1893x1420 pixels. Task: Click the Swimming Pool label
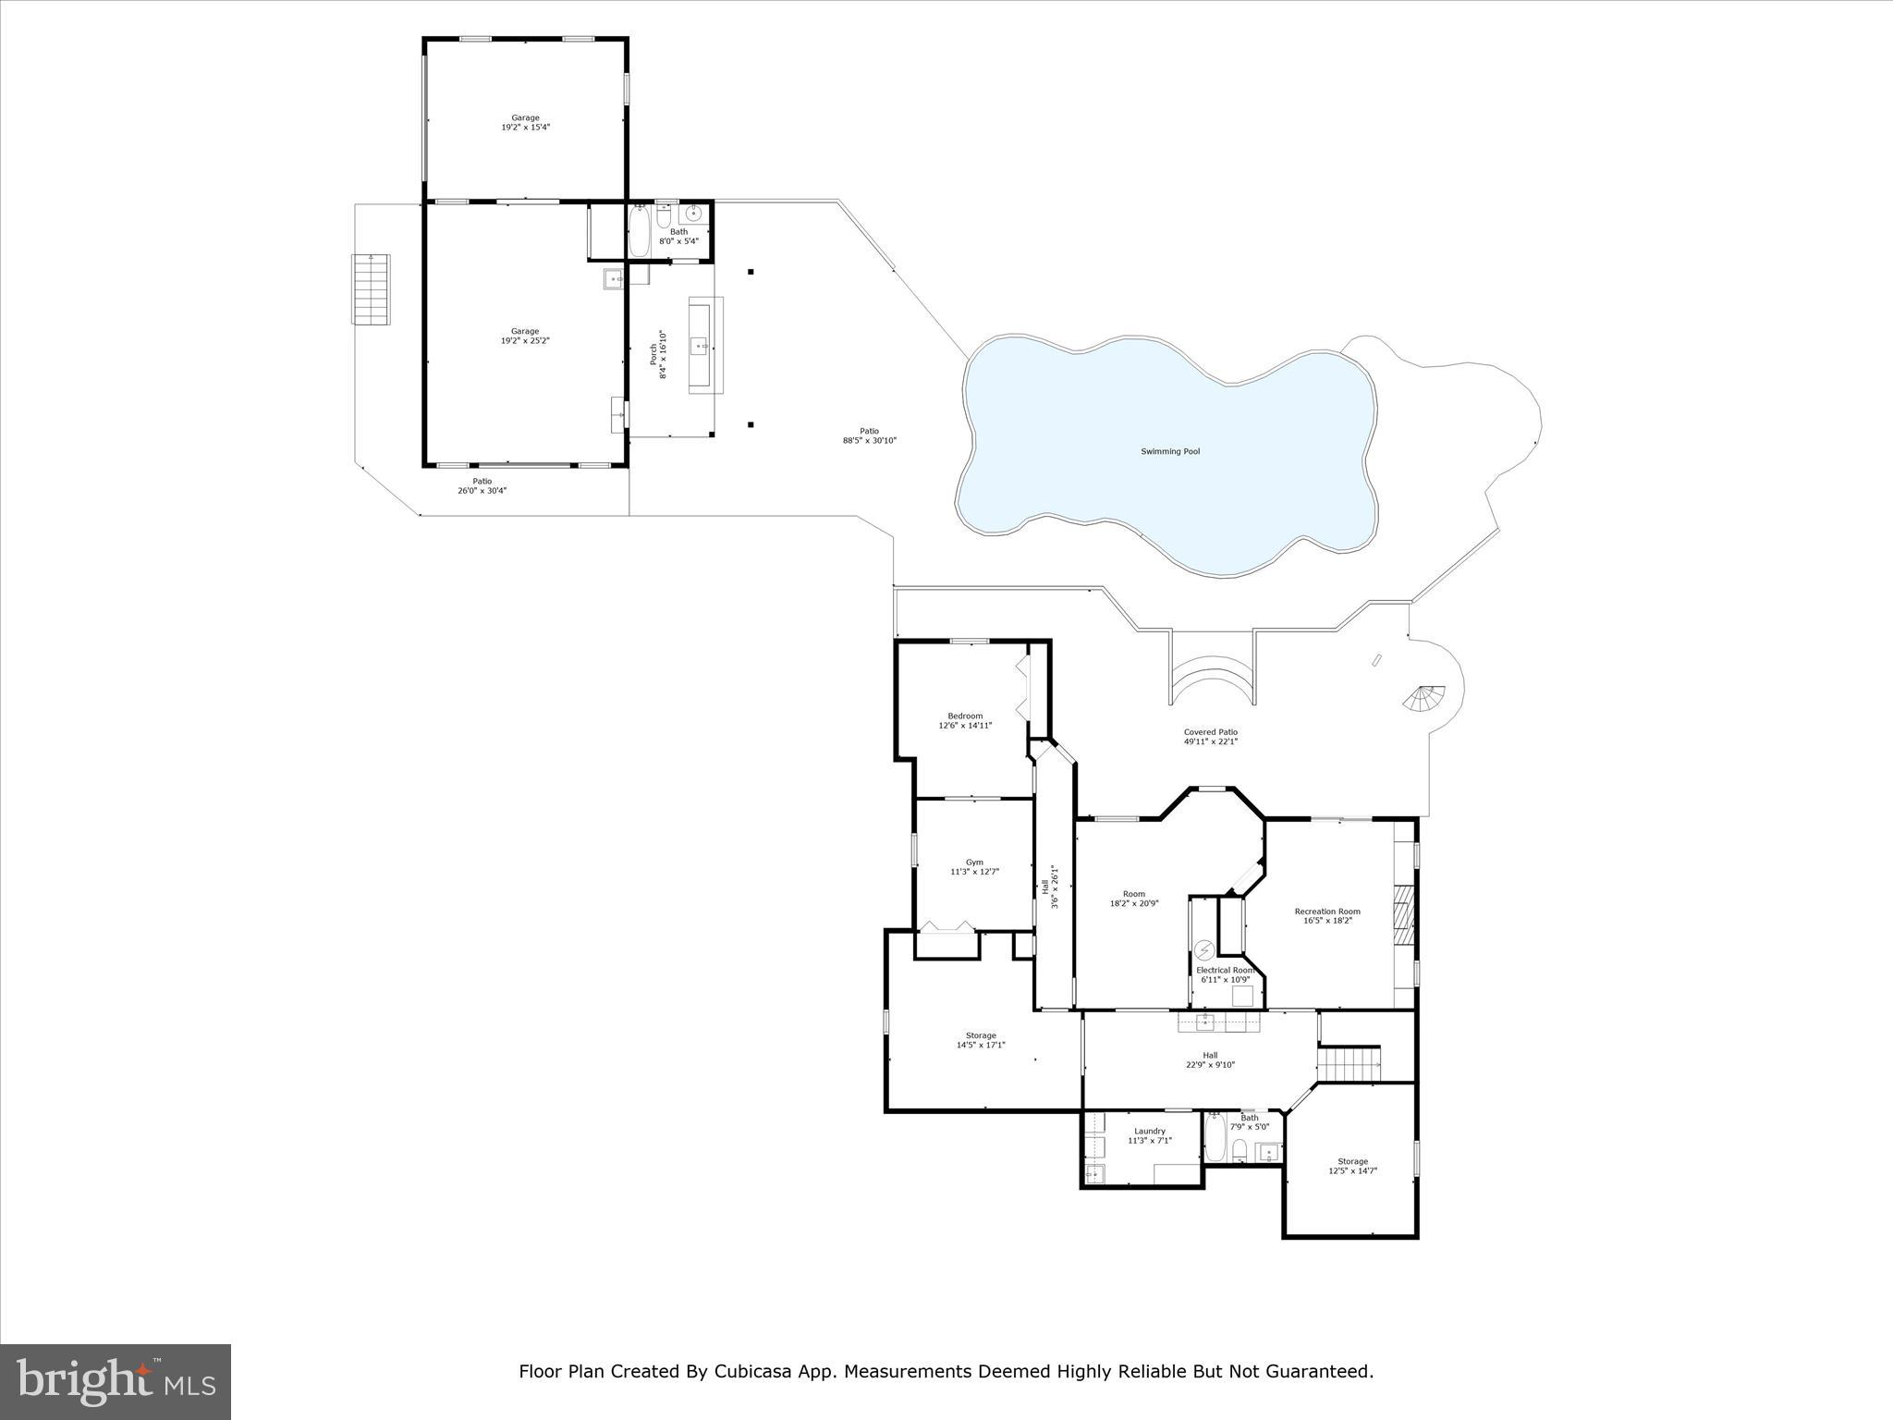1169,451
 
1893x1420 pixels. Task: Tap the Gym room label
974,867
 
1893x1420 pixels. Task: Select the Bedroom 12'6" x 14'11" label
965,720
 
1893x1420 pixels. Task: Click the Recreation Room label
1326,915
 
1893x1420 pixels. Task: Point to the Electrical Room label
1224,974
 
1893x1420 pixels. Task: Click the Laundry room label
1149,1135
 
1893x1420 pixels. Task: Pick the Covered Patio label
1210,737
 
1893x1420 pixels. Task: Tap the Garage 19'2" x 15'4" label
525,122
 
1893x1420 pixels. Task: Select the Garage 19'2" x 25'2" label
525,336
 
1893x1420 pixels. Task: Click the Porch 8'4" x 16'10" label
657,354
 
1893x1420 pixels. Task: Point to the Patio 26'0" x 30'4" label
482,485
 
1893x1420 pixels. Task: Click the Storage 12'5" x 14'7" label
1352,1166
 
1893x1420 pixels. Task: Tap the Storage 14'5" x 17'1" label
981,1040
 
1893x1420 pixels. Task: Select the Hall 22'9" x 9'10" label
1210,1059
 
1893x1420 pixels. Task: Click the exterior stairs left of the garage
371,288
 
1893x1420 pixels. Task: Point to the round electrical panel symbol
1204,950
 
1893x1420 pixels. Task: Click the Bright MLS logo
116,1381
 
